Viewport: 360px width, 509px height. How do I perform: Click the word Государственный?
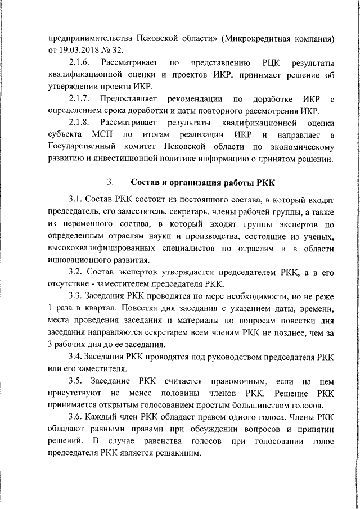pos(86,148)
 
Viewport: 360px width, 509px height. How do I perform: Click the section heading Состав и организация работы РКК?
pos(197,182)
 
